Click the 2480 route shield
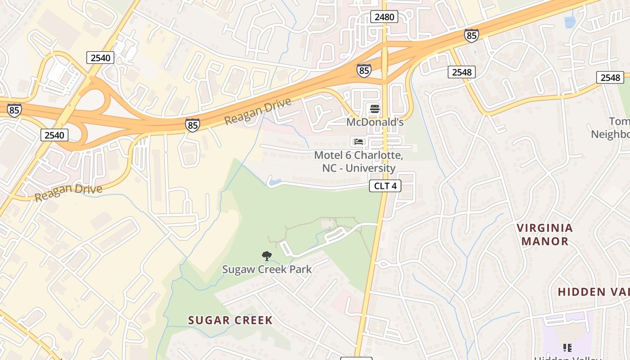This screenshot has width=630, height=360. pyautogui.click(x=384, y=17)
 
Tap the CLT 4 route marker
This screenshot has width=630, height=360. pyautogui.click(x=385, y=186)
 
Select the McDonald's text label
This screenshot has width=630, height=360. pyautogui.click(x=375, y=122)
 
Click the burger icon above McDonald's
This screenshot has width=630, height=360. pyautogui.click(x=374, y=109)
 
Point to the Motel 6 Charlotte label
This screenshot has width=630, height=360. pyautogui.click(x=359, y=162)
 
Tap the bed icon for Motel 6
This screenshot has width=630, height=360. pyautogui.click(x=359, y=142)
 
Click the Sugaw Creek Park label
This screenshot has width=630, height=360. pyautogui.click(x=267, y=269)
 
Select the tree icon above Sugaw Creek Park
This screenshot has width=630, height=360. pyautogui.click(x=267, y=256)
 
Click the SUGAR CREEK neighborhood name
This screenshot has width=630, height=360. pyautogui.click(x=230, y=320)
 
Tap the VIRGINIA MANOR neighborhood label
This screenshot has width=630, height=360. pyautogui.click(x=544, y=234)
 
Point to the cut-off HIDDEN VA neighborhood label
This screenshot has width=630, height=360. pyautogui.click(x=593, y=292)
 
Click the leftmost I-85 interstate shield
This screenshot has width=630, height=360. pyautogui.click(x=14, y=110)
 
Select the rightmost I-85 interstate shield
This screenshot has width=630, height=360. pyautogui.click(x=471, y=36)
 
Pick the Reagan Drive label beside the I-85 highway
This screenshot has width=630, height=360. pyautogui.click(x=258, y=112)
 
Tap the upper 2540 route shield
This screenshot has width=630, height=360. pyautogui.click(x=100, y=58)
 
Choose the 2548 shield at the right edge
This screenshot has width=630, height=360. pyautogui.click(x=610, y=77)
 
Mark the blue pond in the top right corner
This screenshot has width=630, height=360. pyautogui.click(x=570, y=21)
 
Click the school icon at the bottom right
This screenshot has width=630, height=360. pyautogui.click(x=567, y=347)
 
